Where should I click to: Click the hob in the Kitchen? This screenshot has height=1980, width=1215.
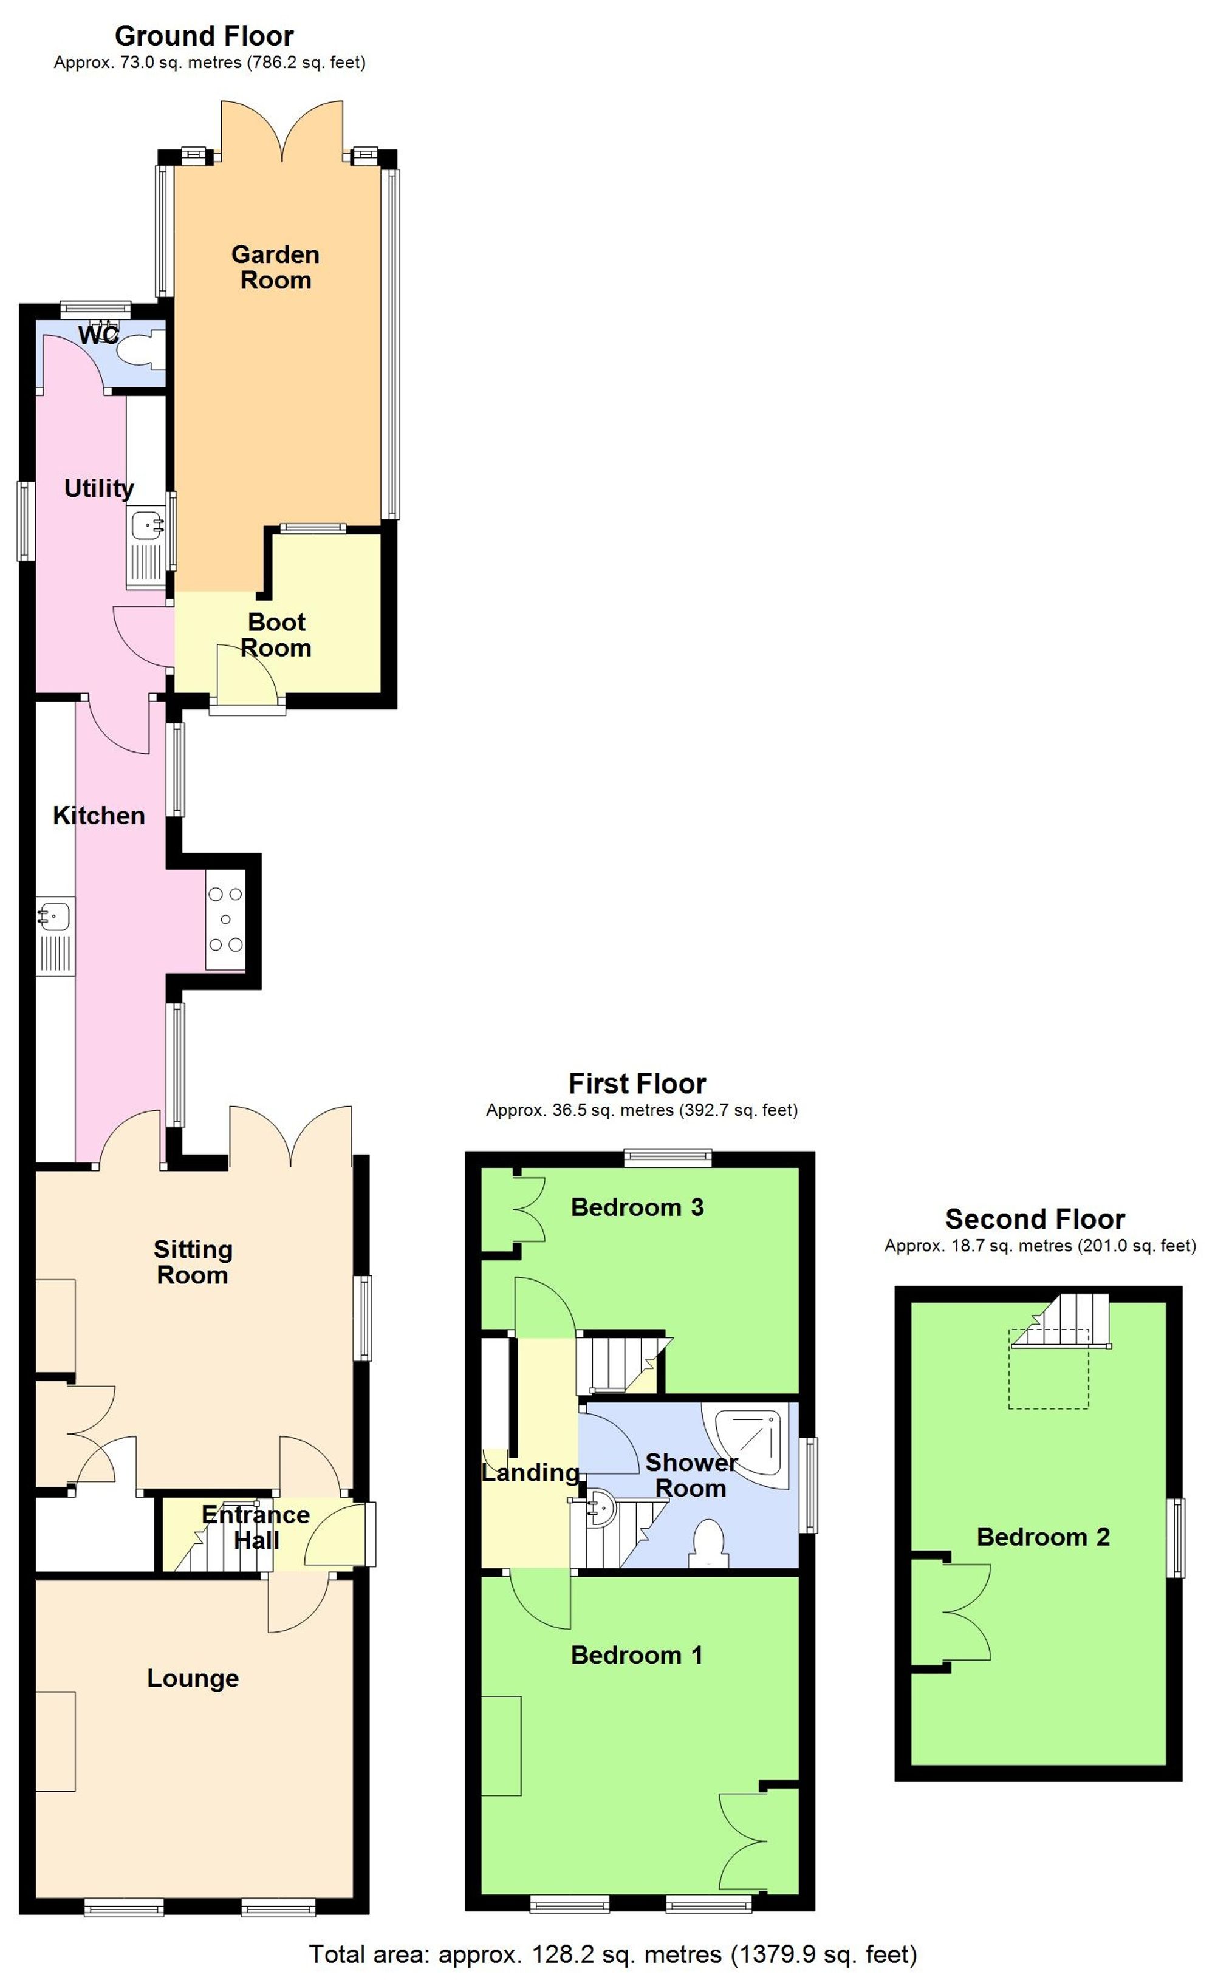click(x=225, y=918)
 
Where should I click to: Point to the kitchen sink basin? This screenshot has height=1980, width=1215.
click(x=55, y=915)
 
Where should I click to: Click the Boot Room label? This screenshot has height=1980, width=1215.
click(x=276, y=634)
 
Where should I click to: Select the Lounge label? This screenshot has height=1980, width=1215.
click(x=193, y=1678)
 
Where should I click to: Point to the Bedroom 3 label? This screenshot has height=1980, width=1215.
click(x=637, y=1207)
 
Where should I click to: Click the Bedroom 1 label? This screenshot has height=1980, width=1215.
click(x=637, y=1654)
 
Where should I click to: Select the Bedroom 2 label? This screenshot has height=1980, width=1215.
click(x=1043, y=1537)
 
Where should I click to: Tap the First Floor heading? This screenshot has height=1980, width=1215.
click(x=637, y=1083)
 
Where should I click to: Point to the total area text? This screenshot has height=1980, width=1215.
click(x=612, y=1954)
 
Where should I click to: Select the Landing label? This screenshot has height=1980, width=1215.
click(x=530, y=1472)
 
